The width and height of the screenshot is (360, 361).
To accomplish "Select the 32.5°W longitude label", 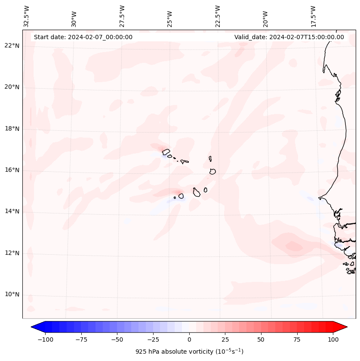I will (27, 16).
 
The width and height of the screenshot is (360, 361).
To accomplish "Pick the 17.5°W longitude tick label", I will (313, 16).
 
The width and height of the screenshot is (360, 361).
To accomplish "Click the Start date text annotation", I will (83, 37).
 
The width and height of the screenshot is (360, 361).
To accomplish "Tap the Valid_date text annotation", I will (289, 37).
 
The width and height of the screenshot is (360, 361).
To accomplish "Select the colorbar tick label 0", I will (189, 339).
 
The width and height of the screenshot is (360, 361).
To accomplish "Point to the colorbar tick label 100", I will (333, 339).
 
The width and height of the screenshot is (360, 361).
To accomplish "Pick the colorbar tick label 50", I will (261, 339).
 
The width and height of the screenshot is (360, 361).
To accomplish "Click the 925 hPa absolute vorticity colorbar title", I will (189, 352).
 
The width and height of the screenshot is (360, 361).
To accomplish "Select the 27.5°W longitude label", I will (122, 16).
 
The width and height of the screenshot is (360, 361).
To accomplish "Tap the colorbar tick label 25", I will (225, 339).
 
